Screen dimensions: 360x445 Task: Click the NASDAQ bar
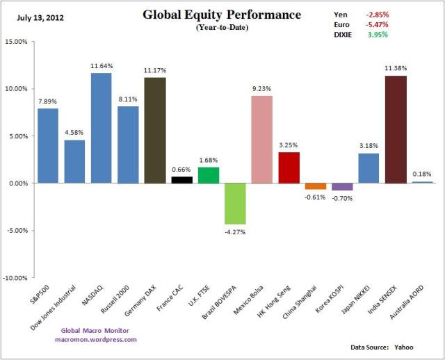point(102,128)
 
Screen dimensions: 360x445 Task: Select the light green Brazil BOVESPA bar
point(235,204)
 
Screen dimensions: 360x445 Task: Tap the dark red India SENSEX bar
point(396,129)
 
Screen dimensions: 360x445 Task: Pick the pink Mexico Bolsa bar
point(262,139)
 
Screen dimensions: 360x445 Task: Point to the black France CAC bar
point(182,180)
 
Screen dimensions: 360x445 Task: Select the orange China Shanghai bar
point(316,186)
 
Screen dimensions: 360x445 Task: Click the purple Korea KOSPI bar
point(342,186)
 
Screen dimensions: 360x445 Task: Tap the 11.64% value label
point(102,66)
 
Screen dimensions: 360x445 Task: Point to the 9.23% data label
point(262,88)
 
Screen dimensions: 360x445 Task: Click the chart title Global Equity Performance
point(222,15)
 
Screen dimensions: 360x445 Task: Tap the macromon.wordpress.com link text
point(96,339)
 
